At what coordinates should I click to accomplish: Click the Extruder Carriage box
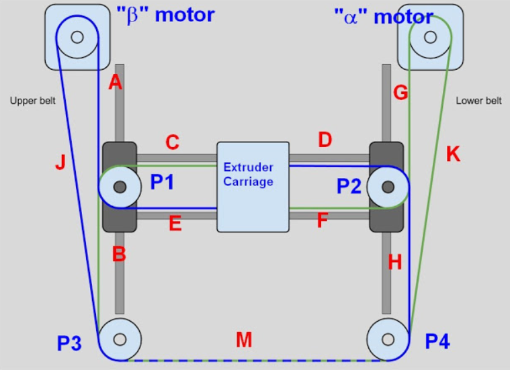tap(253, 187)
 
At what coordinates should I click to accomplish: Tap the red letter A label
tap(115, 83)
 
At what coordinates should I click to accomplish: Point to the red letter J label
tap(60, 163)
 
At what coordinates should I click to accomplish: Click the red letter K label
tap(453, 154)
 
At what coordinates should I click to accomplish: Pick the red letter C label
tap(172, 142)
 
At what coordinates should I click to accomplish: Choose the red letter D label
tap(325, 140)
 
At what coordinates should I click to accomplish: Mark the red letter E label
tap(175, 224)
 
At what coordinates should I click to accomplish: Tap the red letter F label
tap(323, 220)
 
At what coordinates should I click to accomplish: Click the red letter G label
tap(400, 93)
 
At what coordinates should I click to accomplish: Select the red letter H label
tap(395, 263)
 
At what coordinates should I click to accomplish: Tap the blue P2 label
tap(349, 187)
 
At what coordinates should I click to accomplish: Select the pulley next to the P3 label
tap(120, 338)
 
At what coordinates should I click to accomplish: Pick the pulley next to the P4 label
tap(389, 338)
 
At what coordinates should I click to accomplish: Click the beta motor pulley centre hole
tap(76, 37)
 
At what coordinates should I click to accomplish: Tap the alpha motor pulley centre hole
tap(431, 37)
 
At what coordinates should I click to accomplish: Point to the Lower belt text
tap(478, 101)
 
